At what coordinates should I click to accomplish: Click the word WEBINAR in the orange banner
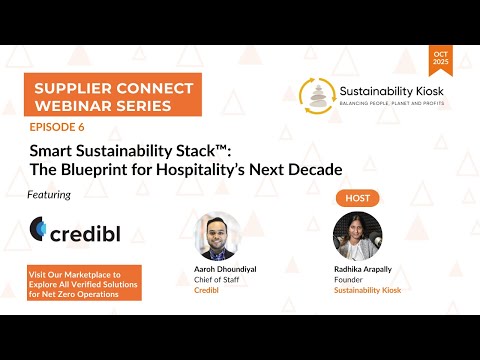point(65,106)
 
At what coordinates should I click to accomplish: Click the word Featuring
point(50,195)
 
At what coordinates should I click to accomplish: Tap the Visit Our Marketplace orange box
point(85,281)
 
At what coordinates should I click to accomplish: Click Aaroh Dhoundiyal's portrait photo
point(217,236)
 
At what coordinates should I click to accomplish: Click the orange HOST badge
point(357,198)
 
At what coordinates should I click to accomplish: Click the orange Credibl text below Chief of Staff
point(207,290)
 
